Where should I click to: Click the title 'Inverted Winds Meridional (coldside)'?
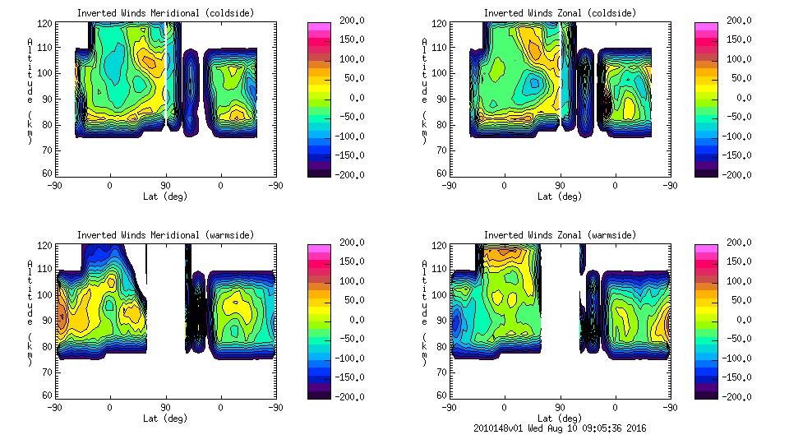point(165,12)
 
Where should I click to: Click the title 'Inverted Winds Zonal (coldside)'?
point(560,12)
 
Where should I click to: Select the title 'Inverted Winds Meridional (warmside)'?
point(165,235)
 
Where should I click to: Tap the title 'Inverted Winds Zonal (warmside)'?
point(560,235)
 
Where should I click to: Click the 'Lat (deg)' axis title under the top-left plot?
point(164,197)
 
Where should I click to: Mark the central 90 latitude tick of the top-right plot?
point(560,186)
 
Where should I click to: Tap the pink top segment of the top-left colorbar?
point(319,26)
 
